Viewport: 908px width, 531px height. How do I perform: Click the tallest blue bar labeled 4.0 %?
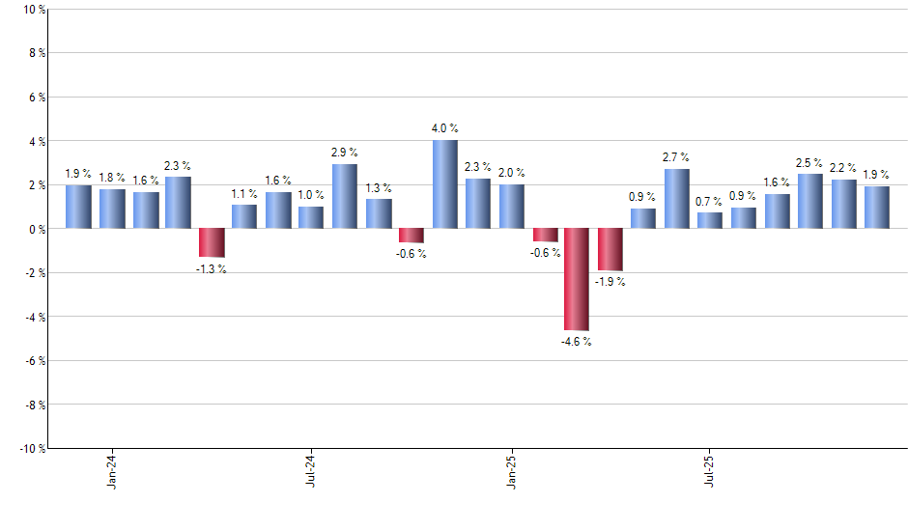[x=444, y=184]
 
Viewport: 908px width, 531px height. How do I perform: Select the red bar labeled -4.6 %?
[x=578, y=279]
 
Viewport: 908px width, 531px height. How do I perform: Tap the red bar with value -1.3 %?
[x=212, y=242]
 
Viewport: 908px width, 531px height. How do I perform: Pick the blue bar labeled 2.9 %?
[x=345, y=196]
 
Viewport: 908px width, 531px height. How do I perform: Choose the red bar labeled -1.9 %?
[x=610, y=249]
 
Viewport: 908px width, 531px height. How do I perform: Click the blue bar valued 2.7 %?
[x=677, y=199]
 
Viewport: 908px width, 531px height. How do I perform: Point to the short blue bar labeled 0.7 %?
[x=710, y=220]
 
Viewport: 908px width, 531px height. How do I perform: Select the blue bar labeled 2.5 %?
[x=809, y=201]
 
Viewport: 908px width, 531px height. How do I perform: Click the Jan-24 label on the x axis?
[x=112, y=469]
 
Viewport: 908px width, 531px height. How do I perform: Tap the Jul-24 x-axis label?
[x=311, y=469]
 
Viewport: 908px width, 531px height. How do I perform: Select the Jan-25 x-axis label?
[x=511, y=469]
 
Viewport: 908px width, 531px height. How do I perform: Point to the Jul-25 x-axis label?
[x=710, y=469]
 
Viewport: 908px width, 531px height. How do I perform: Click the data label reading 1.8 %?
[x=112, y=178]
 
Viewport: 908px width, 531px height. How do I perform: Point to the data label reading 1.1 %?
[x=244, y=193]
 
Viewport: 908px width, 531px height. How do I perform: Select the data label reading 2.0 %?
[x=512, y=173]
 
